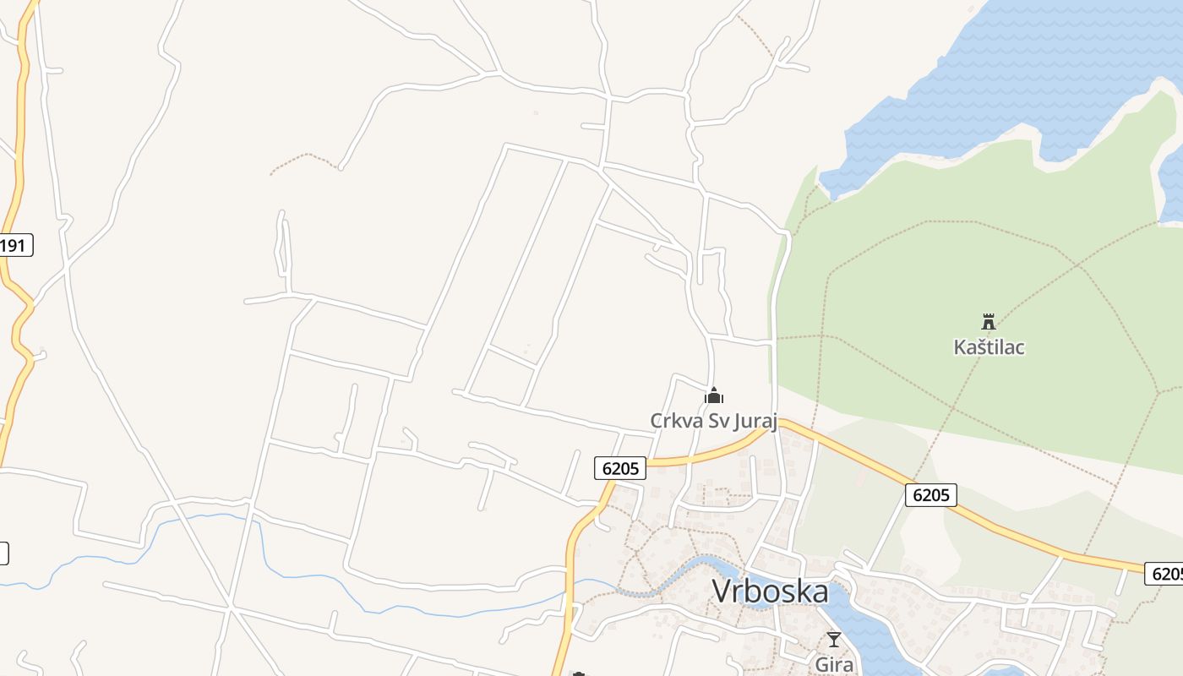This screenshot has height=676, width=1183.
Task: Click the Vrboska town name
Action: pos(770,591)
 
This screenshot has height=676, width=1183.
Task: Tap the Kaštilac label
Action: pos(989,346)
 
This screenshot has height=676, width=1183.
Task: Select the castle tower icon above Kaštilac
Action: pos(989,321)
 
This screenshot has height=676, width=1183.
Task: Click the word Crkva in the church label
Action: pos(673,420)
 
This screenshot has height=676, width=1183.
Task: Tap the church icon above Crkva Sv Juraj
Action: pos(714,395)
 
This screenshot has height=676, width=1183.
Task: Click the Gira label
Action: pos(833,664)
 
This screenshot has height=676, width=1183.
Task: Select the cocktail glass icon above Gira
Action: pos(834,640)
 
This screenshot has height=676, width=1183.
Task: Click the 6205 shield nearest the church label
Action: pos(620,468)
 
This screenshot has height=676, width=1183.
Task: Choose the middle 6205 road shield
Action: pos(931,494)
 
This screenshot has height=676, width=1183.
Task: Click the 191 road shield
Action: pos(14,246)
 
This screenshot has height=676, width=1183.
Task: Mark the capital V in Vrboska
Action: pos(722,591)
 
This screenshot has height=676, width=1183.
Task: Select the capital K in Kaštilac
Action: pos(959,346)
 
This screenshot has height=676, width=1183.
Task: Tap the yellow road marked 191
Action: pos(19,169)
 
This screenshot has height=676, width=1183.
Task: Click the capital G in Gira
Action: pos(821,664)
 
